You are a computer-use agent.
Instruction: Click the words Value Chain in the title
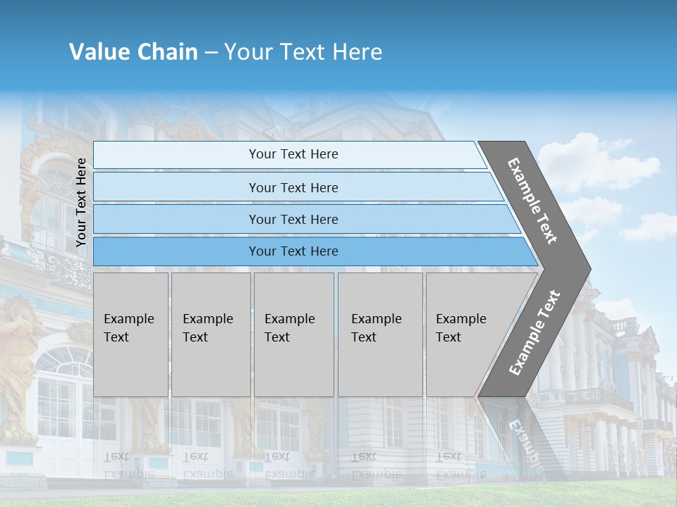[133, 52]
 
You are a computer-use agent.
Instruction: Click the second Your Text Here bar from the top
[293, 187]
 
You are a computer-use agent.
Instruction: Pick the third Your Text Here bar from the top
[293, 219]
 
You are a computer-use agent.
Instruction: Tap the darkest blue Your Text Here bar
[293, 251]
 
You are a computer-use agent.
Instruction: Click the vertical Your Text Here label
[81, 202]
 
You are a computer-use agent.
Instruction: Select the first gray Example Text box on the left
[130, 334]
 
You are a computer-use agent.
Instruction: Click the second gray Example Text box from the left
[210, 334]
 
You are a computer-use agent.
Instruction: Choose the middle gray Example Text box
[293, 334]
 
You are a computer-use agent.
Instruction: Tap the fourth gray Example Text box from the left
[379, 334]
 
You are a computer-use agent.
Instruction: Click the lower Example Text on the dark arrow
[535, 332]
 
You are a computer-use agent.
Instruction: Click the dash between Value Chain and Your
[210, 53]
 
